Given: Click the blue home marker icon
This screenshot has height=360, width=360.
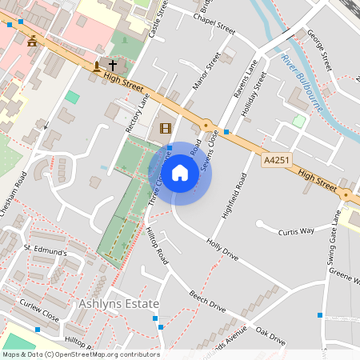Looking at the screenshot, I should pyautogui.click(x=180, y=173).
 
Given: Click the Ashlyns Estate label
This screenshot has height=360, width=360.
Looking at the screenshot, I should pyautogui.click(x=119, y=304).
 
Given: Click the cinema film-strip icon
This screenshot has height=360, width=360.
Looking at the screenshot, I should pyautogui.click(x=166, y=128).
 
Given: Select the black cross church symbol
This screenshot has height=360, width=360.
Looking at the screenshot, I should pyautogui.click(x=112, y=65).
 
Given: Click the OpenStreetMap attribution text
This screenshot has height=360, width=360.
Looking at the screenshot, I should pyautogui.click(x=80, y=354).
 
